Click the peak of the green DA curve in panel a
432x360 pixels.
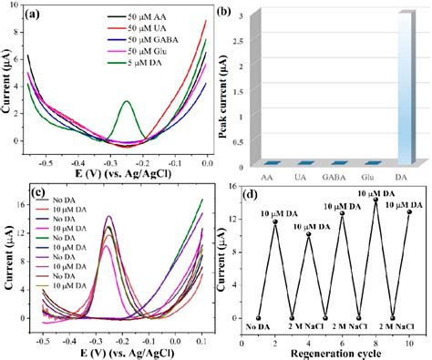127,101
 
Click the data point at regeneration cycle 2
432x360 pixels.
275,222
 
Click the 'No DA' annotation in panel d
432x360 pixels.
258,326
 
